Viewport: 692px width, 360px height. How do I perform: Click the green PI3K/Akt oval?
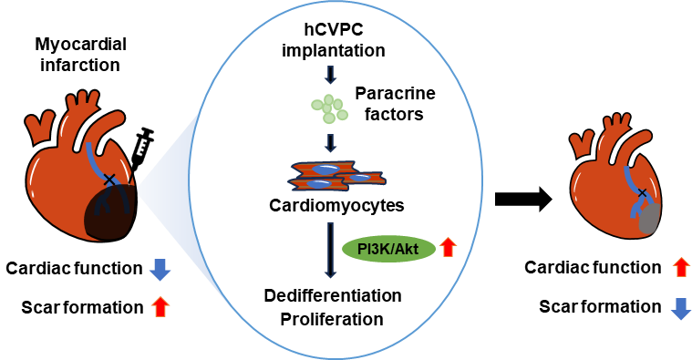pyautogui.click(x=388, y=249)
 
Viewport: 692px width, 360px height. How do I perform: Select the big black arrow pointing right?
pyautogui.click(x=523, y=200)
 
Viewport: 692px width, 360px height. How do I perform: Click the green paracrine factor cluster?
pyautogui.click(x=329, y=108)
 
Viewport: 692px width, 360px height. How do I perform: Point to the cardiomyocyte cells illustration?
pyautogui.click(x=336, y=176)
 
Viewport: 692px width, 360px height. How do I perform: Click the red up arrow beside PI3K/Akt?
pyautogui.click(x=449, y=248)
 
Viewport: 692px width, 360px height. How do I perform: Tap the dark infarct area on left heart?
pyautogui.click(x=110, y=211)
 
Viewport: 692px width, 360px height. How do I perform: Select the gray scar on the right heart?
pyautogui.click(x=650, y=219)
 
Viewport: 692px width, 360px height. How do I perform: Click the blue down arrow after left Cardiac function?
pyautogui.click(x=160, y=269)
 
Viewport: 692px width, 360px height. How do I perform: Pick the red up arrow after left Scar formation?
pyautogui.click(x=160, y=307)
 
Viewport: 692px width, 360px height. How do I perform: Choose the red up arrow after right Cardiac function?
pyautogui.click(x=681, y=267)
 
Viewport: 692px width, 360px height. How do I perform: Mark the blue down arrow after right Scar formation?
pyautogui.click(x=680, y=308)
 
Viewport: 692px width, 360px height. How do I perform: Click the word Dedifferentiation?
pyautogui.click(x=333, y=295)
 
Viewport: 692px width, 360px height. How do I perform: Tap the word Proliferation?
pyautogui.click(x=332, y=319)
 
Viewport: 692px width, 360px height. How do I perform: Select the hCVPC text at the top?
pyautogui.click(x=334, y=29)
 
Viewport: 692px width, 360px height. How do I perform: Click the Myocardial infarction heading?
pyautogui.click(x=81, y=55)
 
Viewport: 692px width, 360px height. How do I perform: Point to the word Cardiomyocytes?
pyautogui.click(x=336, y=206)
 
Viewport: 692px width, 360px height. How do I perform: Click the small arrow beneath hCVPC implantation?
pyautogui.click(x=330, y=74)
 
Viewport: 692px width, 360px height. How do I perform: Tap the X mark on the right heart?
pyautogui.click(x=643, y=193)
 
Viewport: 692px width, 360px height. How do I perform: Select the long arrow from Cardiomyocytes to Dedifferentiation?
pyautogui.click(x=330, y=250)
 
